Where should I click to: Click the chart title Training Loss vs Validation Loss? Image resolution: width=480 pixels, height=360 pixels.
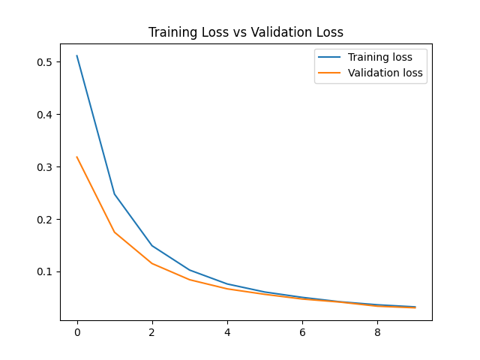(245, 32)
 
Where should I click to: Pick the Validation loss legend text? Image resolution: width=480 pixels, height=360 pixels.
(385, 73)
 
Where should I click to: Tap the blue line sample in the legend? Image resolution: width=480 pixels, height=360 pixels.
(329, 57)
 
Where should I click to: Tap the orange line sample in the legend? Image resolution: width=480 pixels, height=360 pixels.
(329, 73)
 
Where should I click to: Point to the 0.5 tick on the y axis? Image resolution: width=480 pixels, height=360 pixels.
(46, 62)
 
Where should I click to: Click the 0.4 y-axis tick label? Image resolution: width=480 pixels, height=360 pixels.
(46, 115)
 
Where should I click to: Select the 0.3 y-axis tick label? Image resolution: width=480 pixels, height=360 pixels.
(46, 167)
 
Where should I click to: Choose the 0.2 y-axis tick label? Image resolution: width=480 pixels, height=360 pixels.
(46, 220)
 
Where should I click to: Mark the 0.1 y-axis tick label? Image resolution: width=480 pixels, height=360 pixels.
(46, 271)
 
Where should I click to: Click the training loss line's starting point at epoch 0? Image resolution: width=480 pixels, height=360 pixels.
(77, 55)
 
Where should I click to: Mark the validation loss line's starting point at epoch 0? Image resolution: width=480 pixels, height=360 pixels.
(77, 157)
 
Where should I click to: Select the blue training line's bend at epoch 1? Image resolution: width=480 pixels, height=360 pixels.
(115, 194)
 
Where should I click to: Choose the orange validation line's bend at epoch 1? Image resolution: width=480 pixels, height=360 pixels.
(115, 232)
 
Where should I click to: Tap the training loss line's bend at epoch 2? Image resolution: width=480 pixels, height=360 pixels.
(152, 246)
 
